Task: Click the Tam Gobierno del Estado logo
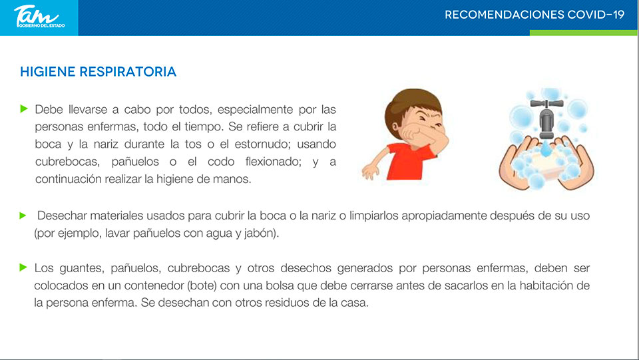pos(39,17)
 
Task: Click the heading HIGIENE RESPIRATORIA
pos(99,72)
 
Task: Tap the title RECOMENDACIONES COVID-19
pos(534,15)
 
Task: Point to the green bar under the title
pos(583,33)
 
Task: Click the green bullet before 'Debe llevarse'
pos(24,108)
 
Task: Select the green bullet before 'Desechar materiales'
pos(23,216)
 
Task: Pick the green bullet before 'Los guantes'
pos(23,268)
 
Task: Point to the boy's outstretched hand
pos(370,171)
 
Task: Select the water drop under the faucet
pos(546,148)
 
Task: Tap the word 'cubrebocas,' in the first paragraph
pos(67,162)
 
